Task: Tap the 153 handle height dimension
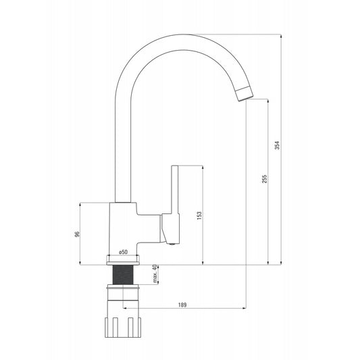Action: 199,215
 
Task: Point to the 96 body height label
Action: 77,233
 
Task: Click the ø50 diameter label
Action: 124,252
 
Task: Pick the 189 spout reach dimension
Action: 182,305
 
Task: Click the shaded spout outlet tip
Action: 244,93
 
